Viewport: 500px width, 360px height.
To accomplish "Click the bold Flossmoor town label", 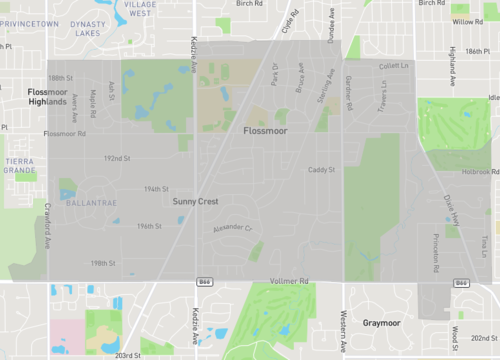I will pyautogui.click(x=264, y=131).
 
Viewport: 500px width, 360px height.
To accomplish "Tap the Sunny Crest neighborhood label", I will pyautogui.click(x=195, y=202).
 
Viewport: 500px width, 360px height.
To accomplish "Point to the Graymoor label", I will pyautogui.click(x=381, y=323).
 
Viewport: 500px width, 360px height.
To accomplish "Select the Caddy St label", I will pyautogui.click(x=320, y=170).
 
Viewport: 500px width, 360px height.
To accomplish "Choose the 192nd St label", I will pyautogui.click(x=117, y=158).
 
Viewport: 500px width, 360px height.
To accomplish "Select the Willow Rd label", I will pyautogui.click(x=466, y=20).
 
